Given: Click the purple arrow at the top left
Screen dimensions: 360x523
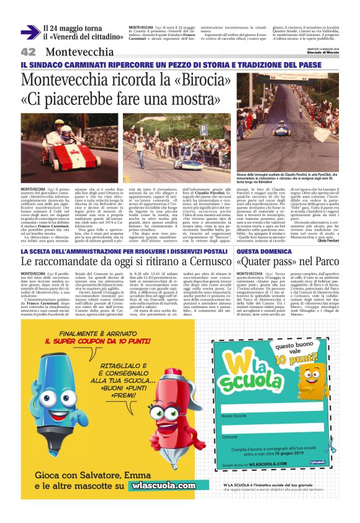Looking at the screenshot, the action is click(30, 32).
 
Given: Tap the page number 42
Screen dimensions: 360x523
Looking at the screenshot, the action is click(29, 52).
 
